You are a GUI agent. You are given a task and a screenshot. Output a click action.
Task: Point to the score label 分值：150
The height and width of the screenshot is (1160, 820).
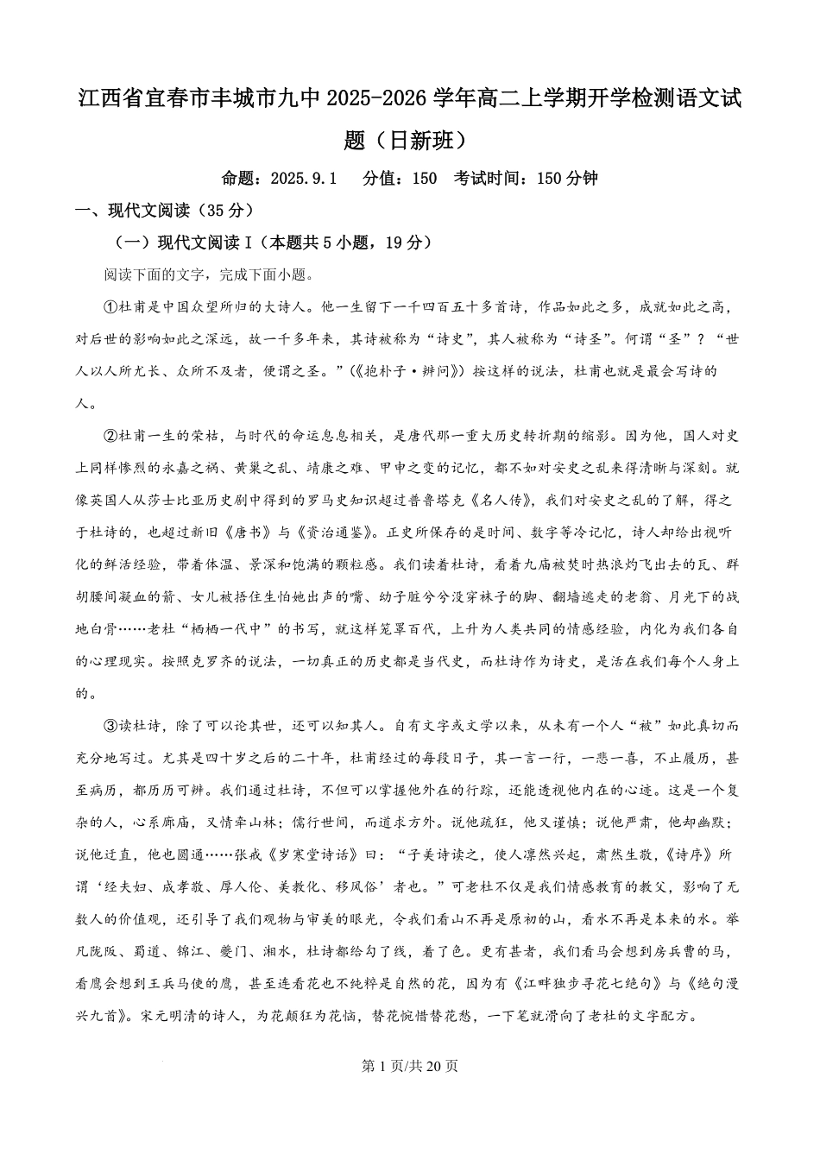coord(400,179)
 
